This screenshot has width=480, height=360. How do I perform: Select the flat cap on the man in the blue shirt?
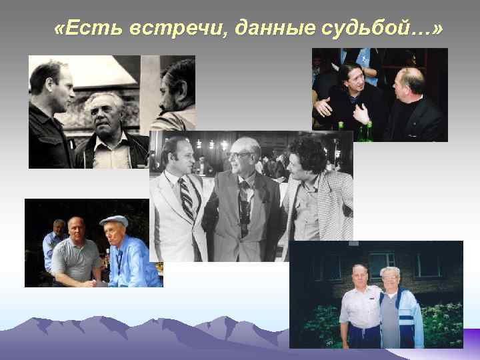point(113,221)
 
